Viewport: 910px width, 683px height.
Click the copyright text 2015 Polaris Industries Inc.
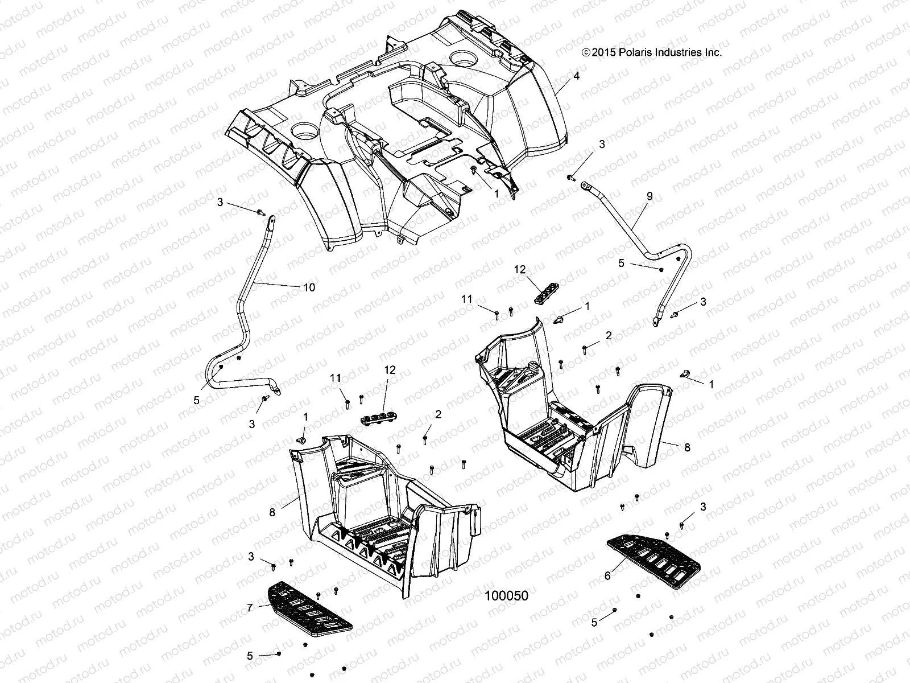pyautogui.click(x=652, y=52)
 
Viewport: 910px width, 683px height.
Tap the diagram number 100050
pyautogui.click(x=506, y=596)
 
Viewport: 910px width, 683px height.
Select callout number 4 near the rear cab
pyautogui.click(x=577, y=76)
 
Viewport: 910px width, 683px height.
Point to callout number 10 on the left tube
pyautogui.click(x=308, y=287)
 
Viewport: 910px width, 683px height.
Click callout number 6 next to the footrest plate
pyautogui.click(x=607, y=576)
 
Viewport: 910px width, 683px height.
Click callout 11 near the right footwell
pyautogui.click(x=467, y=299)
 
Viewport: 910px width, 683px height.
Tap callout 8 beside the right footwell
pyautogui.click(x=687, y=447)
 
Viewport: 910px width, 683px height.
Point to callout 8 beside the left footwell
pyautogui.click(x=272, y=512)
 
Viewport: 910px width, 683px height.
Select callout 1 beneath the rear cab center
pyautogui.click(x=497, y=194)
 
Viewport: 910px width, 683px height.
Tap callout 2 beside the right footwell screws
pyautogui.click(x=609, y=336)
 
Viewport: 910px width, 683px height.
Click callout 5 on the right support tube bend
pyautogui.click(x=622, y=263)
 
